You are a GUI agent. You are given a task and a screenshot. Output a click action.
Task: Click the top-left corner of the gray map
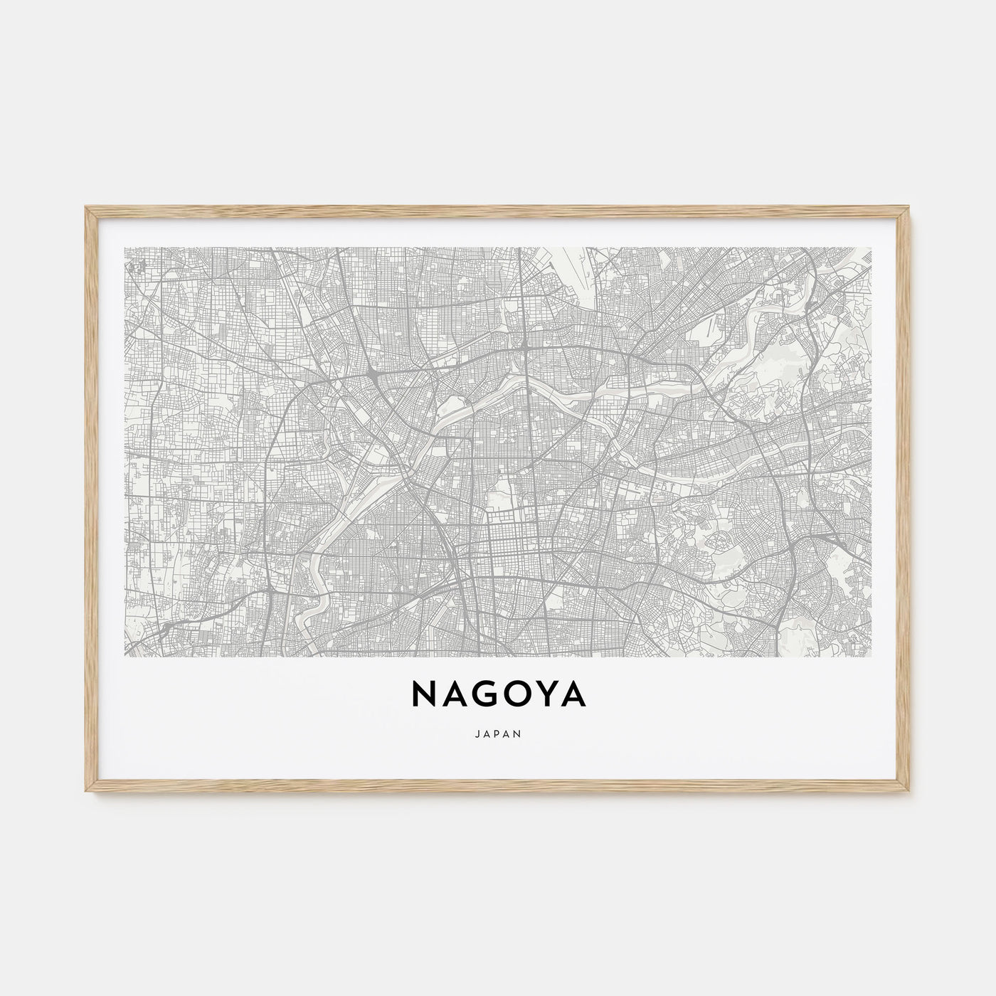coord(125,248)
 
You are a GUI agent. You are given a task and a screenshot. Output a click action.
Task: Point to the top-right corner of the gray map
coord(871,248)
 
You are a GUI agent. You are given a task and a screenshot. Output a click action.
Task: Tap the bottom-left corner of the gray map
coord(125,656)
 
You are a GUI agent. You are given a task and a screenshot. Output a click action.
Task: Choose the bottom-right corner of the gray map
coord(871,656)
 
